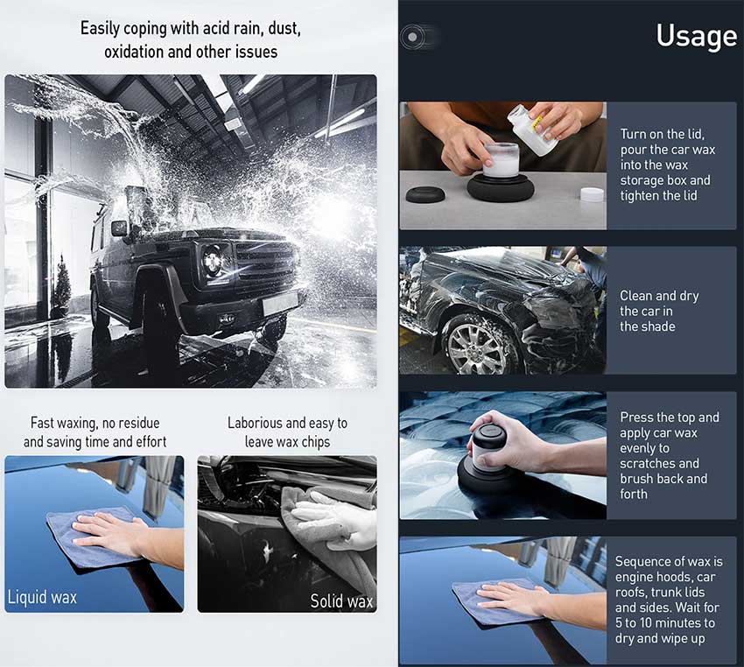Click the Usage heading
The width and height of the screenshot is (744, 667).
[697, 37]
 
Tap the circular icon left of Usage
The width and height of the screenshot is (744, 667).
[413, 37]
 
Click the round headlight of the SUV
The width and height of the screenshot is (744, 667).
[213, 260]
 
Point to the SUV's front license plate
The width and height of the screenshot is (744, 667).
[280, 302]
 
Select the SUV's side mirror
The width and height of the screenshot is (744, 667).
[119, 228]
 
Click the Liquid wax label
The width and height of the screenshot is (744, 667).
[42, 597]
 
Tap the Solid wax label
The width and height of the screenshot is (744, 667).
[341, 601]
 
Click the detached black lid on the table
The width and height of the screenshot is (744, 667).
[425, 194]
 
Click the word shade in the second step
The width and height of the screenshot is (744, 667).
[657, 326]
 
